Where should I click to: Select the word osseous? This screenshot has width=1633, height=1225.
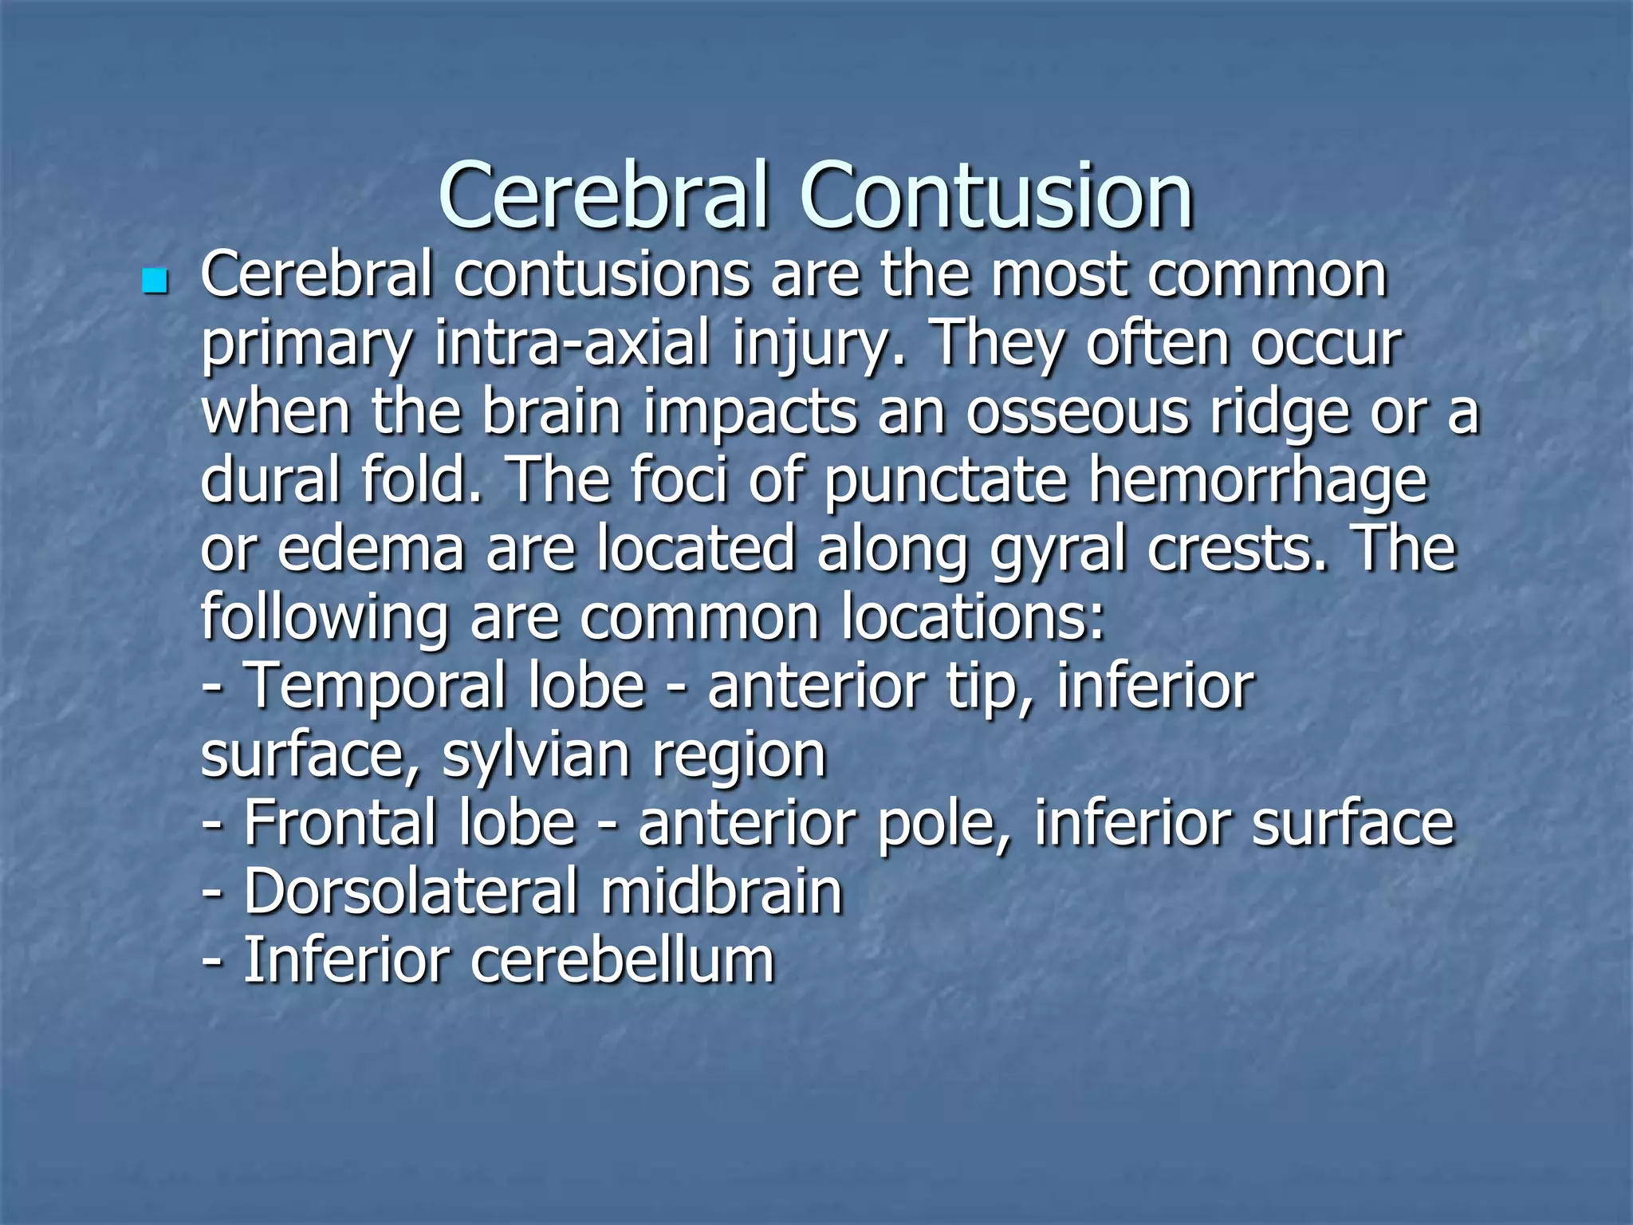pos(1077,412)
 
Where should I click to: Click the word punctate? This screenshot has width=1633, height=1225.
pos(946,482)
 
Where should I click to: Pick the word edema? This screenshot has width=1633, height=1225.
pos(370,549)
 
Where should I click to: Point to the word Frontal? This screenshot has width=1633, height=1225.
pos(343,823)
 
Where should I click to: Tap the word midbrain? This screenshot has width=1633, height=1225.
pos(722,892)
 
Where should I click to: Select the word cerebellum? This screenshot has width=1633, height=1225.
pos(622,960)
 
